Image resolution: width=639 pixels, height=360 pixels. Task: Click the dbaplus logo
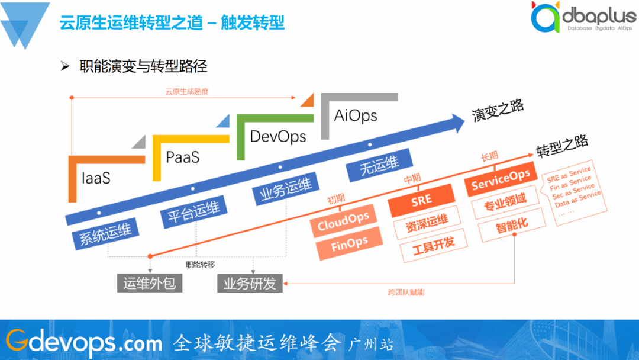coord(582,18)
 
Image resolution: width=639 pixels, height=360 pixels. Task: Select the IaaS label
coord(96,178)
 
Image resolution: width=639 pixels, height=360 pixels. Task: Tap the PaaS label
coord(182,157)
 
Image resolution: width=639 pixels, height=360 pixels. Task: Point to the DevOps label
coord(278,137)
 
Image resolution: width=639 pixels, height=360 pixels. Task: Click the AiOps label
coord(356,115)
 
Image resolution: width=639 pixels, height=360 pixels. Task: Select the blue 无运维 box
coord(380,166)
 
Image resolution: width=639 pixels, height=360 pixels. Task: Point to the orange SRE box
coord(422,201)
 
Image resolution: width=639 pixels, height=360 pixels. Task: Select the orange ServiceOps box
coord(501,179)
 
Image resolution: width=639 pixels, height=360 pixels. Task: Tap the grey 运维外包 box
coord(149,284)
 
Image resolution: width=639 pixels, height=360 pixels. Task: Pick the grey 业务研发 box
coord(250,284)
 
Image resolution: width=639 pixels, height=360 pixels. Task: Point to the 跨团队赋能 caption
coord(406,292)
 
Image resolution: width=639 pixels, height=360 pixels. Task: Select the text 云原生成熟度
coord(187,92)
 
